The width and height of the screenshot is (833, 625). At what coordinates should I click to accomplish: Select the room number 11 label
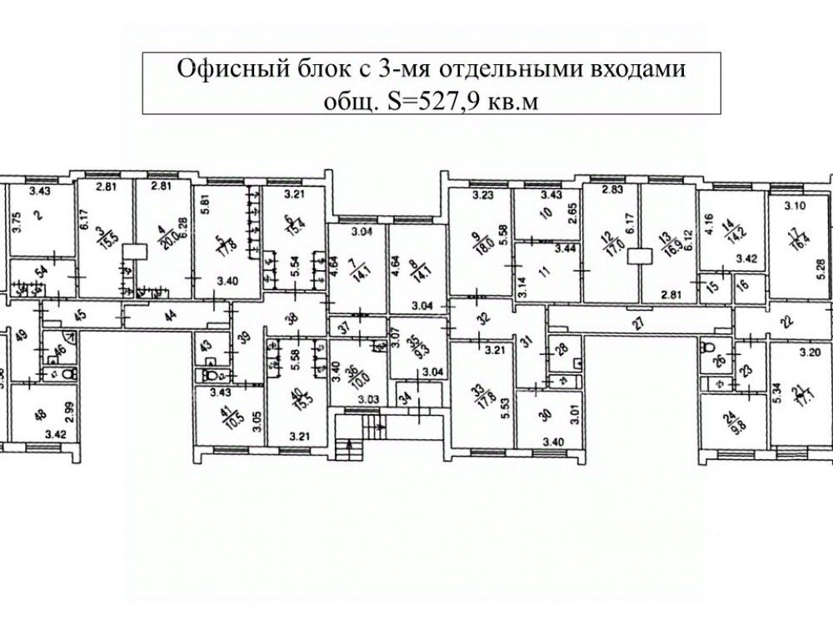[546, 271]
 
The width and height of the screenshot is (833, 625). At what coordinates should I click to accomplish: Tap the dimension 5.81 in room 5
[206, 200]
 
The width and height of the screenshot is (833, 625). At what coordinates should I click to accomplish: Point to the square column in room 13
[640, 256]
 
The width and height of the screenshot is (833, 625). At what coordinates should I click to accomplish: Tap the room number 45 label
[80, 314]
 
